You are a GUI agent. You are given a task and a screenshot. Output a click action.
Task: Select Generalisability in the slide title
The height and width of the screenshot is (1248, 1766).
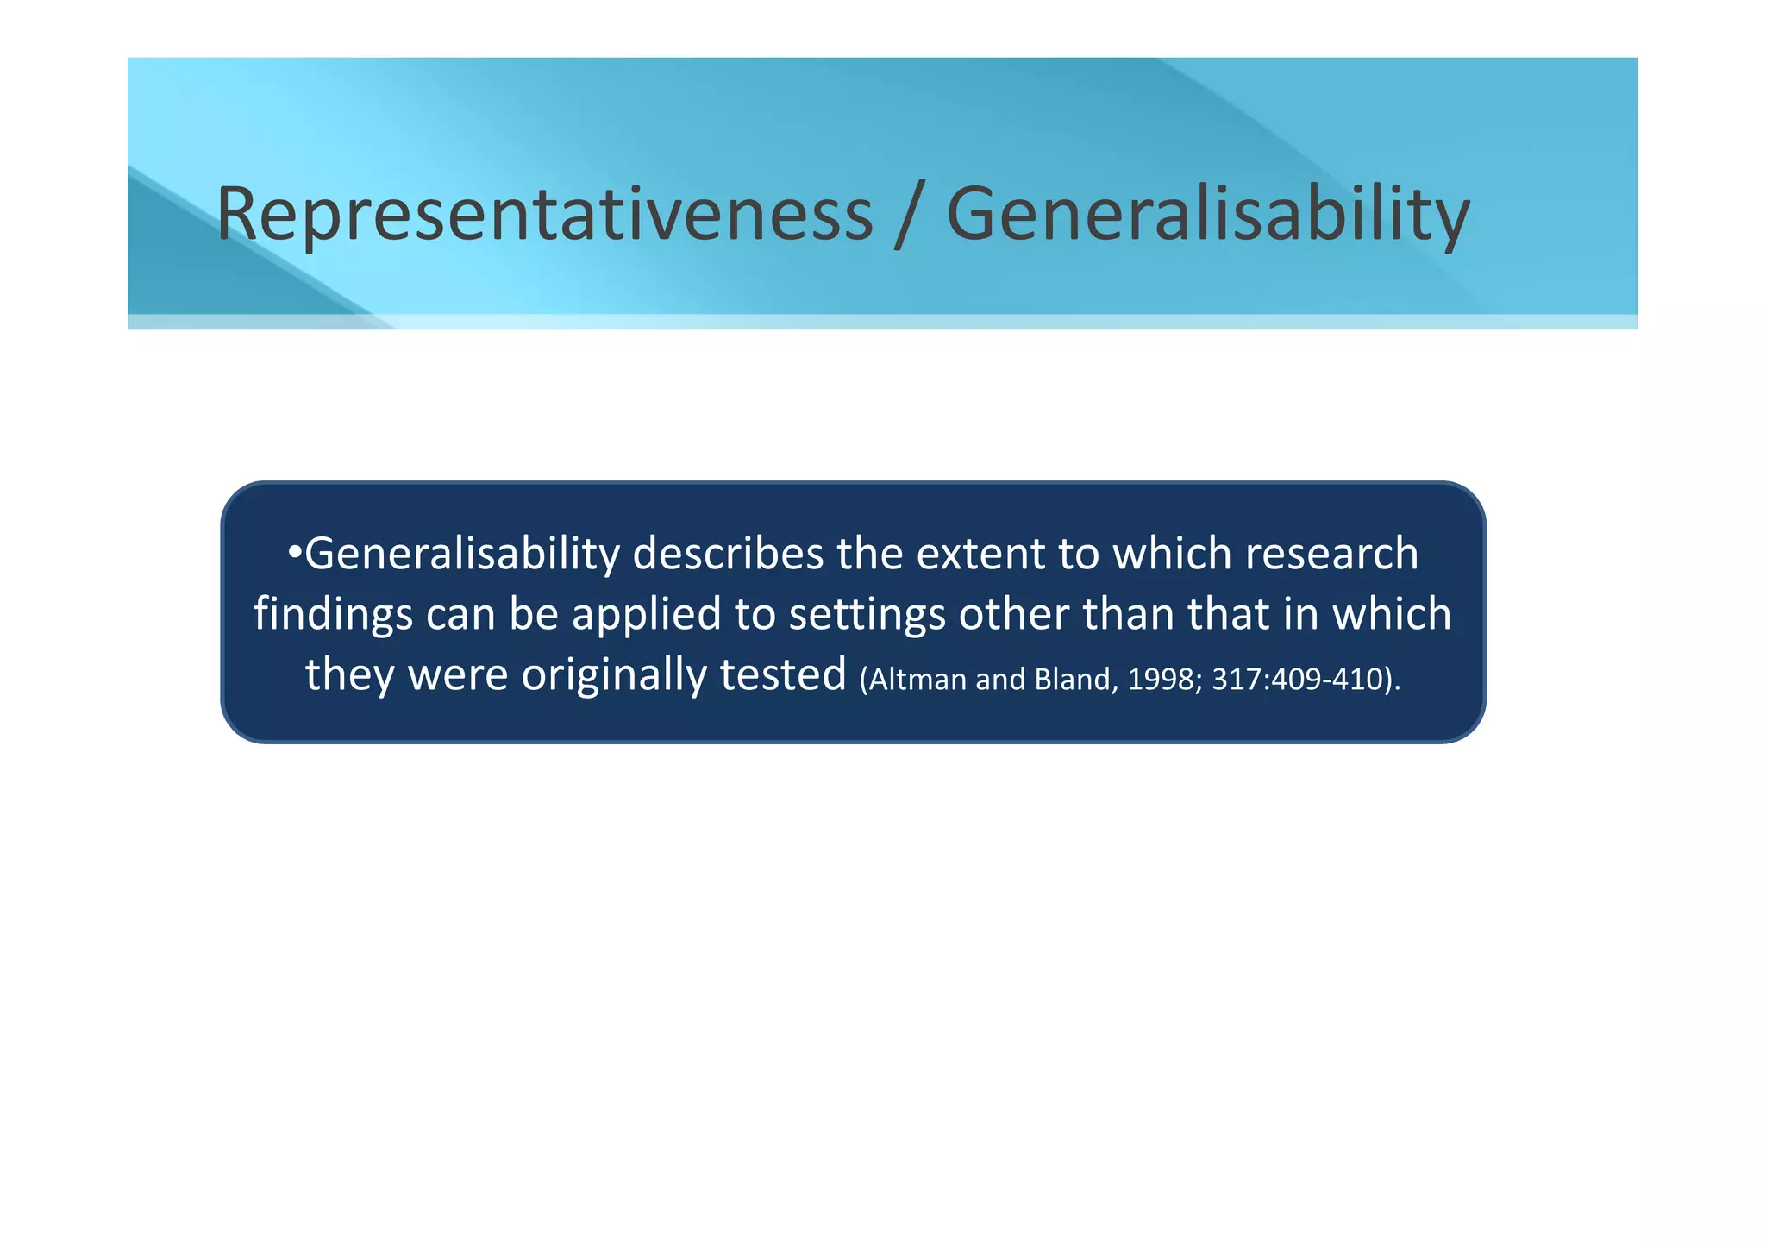coord(1207,213)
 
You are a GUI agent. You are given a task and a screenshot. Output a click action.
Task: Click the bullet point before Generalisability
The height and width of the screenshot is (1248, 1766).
coord(295,553)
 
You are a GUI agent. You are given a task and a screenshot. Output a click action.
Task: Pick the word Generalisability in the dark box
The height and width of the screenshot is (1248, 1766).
coord(462,554)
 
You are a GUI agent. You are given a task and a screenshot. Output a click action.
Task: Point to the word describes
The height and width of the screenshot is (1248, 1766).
coord(728,554)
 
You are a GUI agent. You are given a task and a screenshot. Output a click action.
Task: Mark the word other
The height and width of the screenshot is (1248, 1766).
coord(1013,614)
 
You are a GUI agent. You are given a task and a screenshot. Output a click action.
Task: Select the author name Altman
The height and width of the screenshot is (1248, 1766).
coord(917,680)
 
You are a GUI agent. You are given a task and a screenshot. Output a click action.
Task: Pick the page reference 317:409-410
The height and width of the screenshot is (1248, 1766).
coord(1297,680)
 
